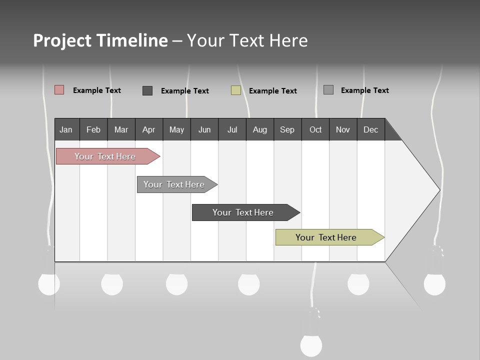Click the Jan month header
[x=66, y=129]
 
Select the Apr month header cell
[x=149, y=129]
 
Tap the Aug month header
[x=260, y=129]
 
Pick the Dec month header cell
[x=371, y=129]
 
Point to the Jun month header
[x=204, y=129]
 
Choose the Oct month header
[x=315, y=129]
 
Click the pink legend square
[x=59, y=90]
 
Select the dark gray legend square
[x=147, y=90]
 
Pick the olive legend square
[x=236, y=90]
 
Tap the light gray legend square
[x=328, y=90]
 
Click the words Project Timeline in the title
[x=100, y=40]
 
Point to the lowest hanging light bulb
[x=311, y=344]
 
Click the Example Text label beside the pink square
[x=97, y=90]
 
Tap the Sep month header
[x=287, y=129]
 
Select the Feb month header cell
[x=93, y=129]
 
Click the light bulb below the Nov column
[x=358, y=284]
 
